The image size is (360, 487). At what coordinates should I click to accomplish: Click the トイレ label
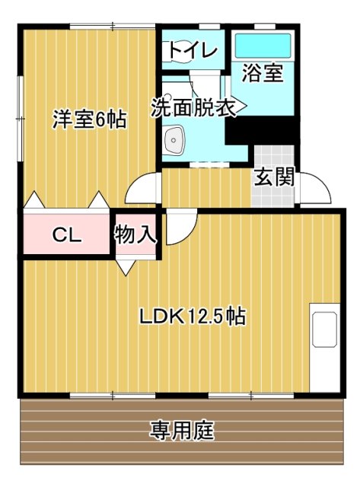click(x=193, y=51)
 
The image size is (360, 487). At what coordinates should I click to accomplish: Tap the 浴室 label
click(x=263, y=74)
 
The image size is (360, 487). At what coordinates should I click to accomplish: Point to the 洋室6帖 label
click(x=89, y=119)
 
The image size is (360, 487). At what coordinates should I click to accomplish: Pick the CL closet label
click(x=66, y=235)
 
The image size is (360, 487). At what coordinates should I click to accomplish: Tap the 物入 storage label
click(x=135, y=234)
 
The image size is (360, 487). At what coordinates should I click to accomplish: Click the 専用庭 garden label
click(x=181, y=431)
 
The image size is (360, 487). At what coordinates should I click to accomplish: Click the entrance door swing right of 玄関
click(x=316, y=190)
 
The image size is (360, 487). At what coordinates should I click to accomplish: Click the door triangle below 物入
click(x=126, y=267)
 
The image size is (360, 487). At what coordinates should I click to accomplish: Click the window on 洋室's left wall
click(x=20, y=118)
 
